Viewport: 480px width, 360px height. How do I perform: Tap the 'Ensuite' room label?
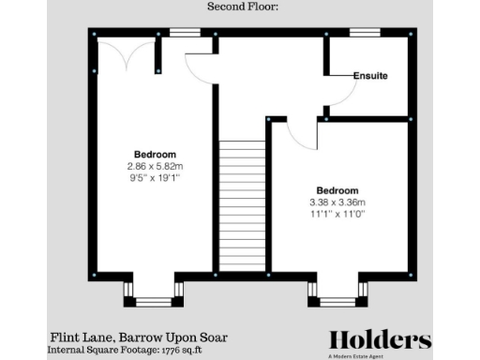click(370, 75)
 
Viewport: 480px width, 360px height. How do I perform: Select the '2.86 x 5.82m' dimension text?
click(155, 166)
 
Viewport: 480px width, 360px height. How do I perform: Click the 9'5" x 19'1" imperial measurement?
click(155, 177)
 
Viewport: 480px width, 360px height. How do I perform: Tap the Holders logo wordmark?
click(380, 339)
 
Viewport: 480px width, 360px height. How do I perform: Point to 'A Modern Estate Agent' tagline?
click(380, 355)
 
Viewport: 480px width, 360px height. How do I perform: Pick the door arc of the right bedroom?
click(302, 136)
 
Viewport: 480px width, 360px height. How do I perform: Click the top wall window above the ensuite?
click(365, 33)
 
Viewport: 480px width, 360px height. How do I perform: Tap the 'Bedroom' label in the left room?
click(155, 154)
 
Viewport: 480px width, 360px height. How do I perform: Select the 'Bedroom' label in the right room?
click(338, 189)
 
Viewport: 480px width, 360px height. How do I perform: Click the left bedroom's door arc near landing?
click(200, 67)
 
